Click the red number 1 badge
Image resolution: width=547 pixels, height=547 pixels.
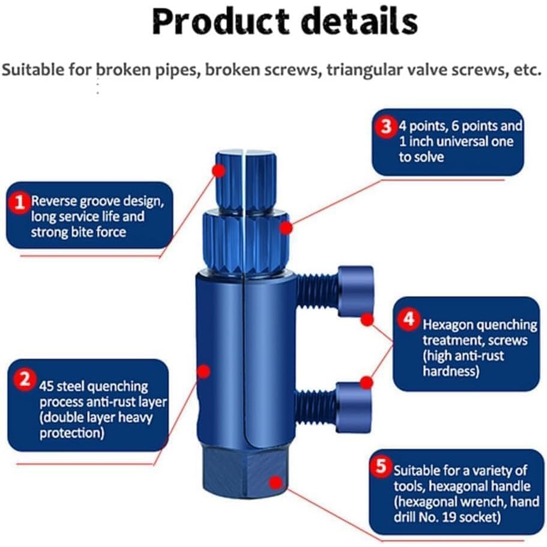(20, 202)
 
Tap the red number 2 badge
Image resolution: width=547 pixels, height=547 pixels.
(25, 380)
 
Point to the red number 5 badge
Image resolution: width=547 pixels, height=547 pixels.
(381, 467)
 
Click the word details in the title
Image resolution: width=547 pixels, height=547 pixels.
(358, 22)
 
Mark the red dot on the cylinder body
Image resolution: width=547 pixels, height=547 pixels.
(204, 370)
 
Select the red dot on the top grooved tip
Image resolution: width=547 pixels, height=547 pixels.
(219, 171)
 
